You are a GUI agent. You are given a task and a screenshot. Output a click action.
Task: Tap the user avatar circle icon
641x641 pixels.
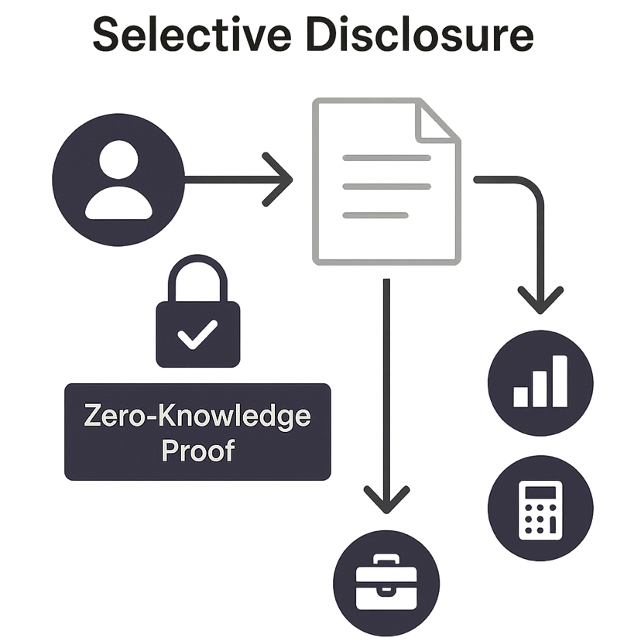pyautogui.click(x=118, y=180)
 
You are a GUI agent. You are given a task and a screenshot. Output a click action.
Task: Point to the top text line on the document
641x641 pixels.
pyautogui.click(x=386, y=158)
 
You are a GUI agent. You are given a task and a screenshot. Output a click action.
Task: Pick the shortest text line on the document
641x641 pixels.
pyautogui.click(x=375, y=214)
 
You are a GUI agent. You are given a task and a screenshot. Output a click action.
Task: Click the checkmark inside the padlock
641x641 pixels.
pyautogui.click(x=197, y=336)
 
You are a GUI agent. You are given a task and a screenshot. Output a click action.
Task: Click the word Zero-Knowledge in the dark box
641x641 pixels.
pyautogui.click(x=197, y=416)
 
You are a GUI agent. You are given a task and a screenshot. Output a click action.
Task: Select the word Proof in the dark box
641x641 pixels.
pyautogui.click(x=197, y=451)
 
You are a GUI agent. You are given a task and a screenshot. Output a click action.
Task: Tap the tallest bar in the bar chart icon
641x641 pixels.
pyautogui.click(x=559, y=382)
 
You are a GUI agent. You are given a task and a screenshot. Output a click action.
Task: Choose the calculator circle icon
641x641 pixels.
pyautogui.click(x=540, y=507)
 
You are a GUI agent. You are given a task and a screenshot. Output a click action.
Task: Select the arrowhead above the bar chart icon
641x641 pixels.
pyautogui.click(x=540, y=300)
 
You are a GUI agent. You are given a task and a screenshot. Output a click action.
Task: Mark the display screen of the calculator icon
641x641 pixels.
pyautogui.click(x=540, y=492)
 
